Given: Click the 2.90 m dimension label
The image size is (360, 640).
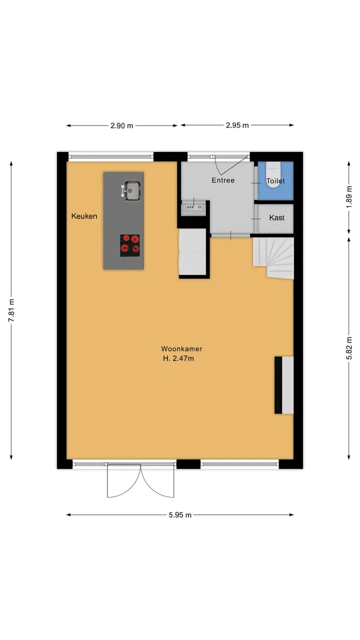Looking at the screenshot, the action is point(121,125).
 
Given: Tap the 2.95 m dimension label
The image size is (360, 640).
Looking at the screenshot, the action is point(237,125).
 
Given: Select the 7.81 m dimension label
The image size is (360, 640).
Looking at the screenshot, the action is point(11,310).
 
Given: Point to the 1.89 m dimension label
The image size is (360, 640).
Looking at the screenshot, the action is point(349,197).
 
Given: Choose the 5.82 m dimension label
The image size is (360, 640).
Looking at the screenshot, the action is point(349,348).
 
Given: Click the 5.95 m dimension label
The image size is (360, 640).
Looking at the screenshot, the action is point(180,515).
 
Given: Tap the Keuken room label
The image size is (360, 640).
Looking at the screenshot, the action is point(84,216).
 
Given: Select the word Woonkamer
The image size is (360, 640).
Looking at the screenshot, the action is point(181,348).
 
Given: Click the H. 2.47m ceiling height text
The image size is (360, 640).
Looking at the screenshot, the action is point(178,358).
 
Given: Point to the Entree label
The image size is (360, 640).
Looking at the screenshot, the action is point(223,180).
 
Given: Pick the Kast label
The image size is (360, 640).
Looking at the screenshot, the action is point(277,217).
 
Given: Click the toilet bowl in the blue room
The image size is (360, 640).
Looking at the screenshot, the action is point(273,175).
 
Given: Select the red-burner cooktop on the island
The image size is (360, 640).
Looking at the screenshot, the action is point(130,245).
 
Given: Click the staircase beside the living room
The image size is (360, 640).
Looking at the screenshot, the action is point(273,258).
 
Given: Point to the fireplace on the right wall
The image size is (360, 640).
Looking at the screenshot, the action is point(284,385).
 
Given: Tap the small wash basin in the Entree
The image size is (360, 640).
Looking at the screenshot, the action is point(194,206).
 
